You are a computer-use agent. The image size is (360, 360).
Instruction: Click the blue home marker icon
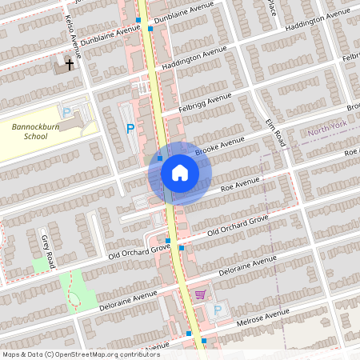180,172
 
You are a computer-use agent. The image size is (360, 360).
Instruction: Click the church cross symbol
70,63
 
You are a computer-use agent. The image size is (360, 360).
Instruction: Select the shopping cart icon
199,294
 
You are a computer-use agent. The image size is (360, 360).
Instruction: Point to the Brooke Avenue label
220,146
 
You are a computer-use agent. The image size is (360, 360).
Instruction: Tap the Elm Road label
276,133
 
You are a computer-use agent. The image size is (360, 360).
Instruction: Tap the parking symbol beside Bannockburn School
66,113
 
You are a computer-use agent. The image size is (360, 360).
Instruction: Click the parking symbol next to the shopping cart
218,308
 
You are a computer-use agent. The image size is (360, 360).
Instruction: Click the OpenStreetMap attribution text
80,354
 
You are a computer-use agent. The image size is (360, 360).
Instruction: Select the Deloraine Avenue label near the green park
128,301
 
